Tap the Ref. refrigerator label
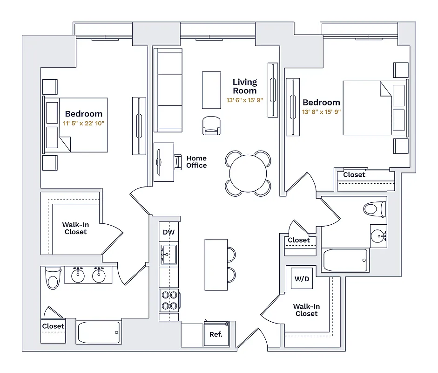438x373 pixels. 216,334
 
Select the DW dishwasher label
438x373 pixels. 168,232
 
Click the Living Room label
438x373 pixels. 245,86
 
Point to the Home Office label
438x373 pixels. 196,162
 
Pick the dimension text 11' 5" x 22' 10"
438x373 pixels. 84,124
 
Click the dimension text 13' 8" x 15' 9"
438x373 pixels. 321,112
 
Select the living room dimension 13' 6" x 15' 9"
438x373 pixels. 245,100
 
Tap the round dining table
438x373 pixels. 248,173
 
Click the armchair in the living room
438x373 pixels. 211,125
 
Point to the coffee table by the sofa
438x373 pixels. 211,89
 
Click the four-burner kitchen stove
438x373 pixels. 169,300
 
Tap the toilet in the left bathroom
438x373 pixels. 53,278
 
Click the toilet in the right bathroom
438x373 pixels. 375,208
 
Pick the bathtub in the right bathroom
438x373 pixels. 345,260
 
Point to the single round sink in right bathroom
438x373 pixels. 378,236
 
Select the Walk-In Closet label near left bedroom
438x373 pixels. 75,228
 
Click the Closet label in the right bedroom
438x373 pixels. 354,175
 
